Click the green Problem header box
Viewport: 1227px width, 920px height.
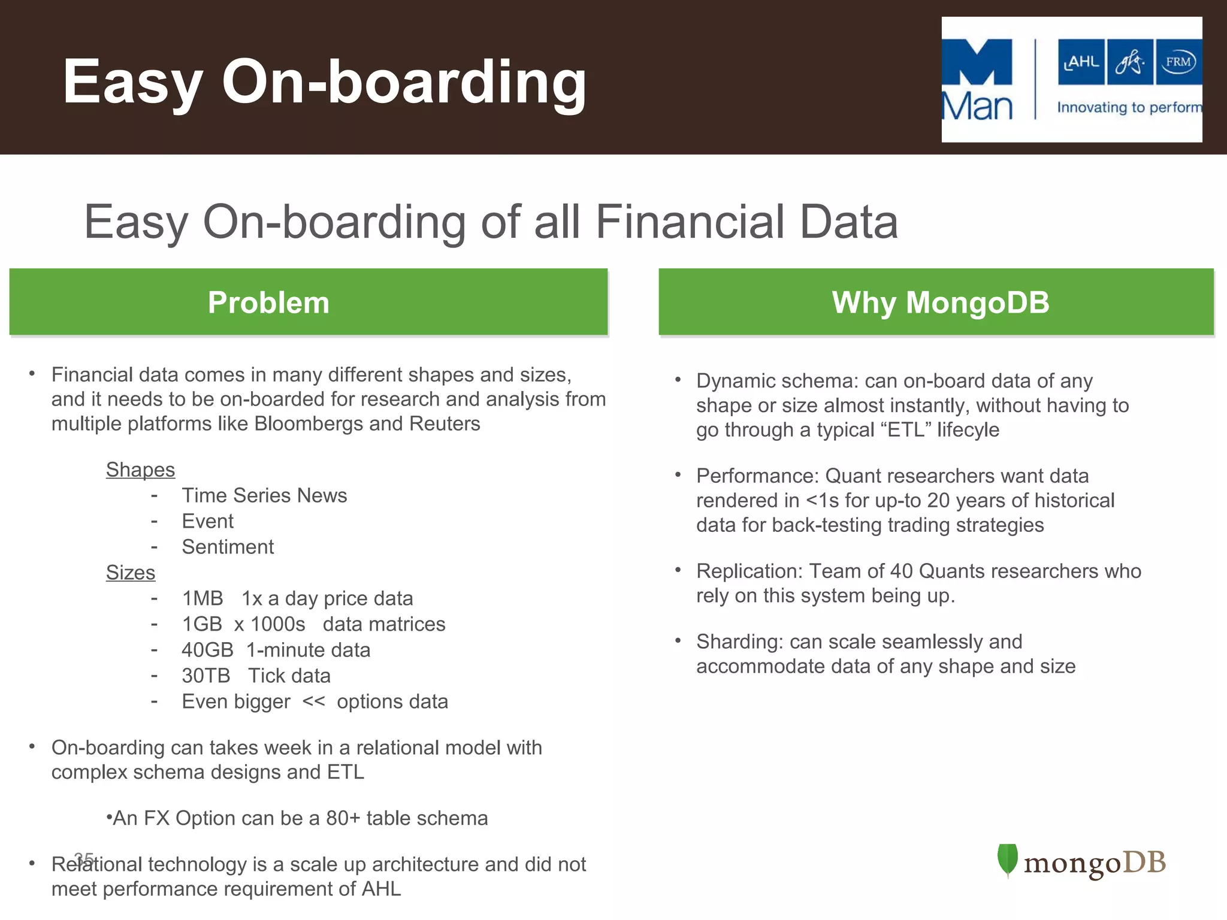pyautogui.click(x=309, y=302)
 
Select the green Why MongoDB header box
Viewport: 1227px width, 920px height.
pyautogui.click(x=936, y=302)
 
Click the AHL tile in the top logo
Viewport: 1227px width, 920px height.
pyautogui.click(x=1081, y=62)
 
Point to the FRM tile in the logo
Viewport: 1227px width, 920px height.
pyautogui.click(x=1178, y=62)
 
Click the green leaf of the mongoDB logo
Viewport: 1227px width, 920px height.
pyautogui.click(x=1008, y=860)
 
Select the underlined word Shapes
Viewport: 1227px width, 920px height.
pyautogui.click(x=140, y=470)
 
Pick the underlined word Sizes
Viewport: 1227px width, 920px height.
pyautogui.click(x=130, y=573)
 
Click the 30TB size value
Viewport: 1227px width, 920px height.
pyautogui.click(x=205, y=676)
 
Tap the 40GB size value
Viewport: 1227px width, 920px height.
pyautogui.click(x=207, y=650)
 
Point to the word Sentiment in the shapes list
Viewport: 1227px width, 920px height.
pyautogui.click(x=228, y=547)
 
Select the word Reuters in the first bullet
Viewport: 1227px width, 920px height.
pyautogui.click(x=445, y=423)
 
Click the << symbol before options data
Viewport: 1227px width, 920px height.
pyautogui.click(x=313, y=701)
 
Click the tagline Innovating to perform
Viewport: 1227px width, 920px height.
pyautogui.click(x=1129, y=108)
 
